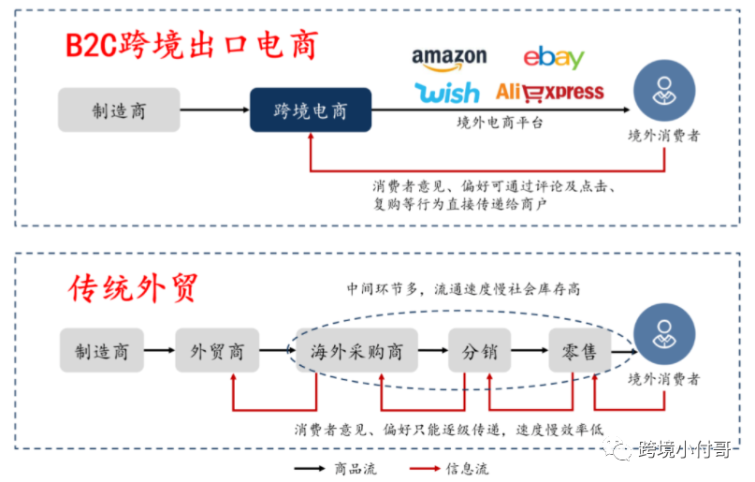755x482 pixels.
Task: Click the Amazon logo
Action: [449, 59]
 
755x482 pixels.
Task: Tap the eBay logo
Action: [553, 57]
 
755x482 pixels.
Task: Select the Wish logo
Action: [446, 92]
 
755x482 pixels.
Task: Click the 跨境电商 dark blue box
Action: [310, 110]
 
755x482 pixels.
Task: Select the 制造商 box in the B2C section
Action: [119, 110]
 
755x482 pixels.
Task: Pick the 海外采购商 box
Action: [356, 352]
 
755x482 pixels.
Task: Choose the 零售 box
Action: [579, 352]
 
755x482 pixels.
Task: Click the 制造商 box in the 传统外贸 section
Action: [102, 352]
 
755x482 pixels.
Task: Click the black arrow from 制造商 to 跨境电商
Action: [214, 110]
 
